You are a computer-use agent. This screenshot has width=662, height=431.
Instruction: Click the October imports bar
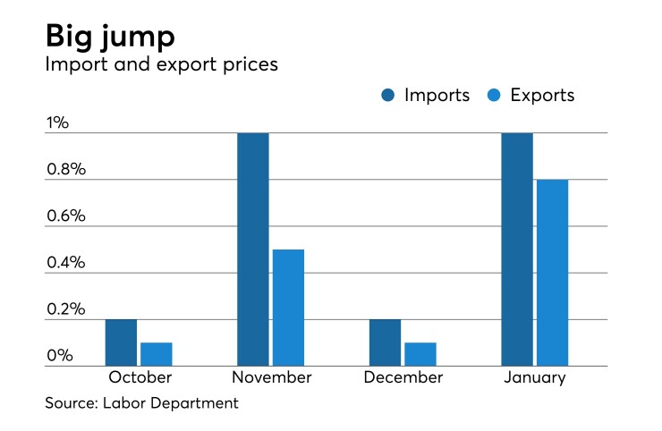click(121, 342)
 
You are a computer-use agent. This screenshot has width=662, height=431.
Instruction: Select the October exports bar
click(156, 354)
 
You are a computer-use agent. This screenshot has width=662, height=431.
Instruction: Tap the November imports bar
click(252, 249)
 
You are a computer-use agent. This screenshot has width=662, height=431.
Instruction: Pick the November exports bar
click(288, 308)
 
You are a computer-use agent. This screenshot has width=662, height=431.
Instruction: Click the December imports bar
click(385, 342)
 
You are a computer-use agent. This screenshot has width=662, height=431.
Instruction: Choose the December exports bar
click(420, 354)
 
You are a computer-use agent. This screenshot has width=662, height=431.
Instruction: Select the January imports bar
click(517, 249)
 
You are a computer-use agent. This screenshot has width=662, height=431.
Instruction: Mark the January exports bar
click(552, 273)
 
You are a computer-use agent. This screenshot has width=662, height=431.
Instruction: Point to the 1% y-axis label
click(58, 123)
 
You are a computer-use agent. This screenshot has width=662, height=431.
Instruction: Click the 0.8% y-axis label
click(65, 170)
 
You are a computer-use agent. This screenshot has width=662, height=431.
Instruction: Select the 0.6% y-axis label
click(65, 216)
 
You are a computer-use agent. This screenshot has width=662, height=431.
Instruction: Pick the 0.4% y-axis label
click(65, 263)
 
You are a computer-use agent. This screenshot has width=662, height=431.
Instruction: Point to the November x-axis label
click(270, 377)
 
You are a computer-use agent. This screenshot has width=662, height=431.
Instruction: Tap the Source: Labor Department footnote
click(142, 404)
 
